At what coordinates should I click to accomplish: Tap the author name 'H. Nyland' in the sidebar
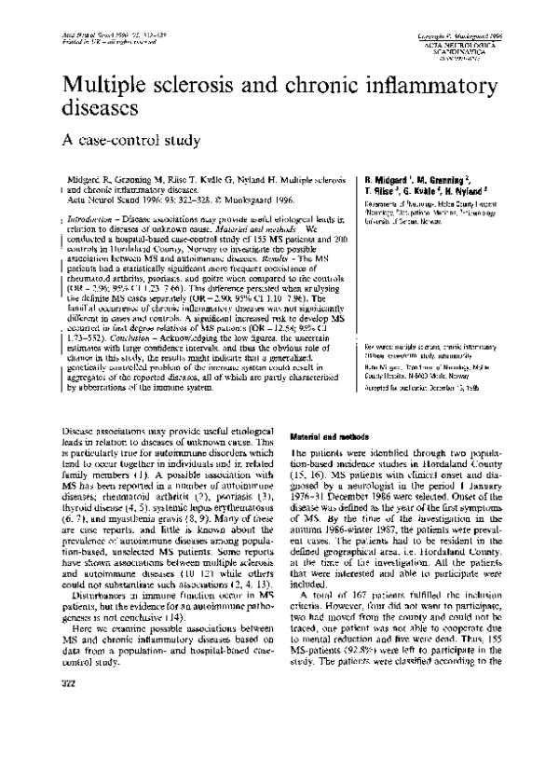(x=480, y=188)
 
